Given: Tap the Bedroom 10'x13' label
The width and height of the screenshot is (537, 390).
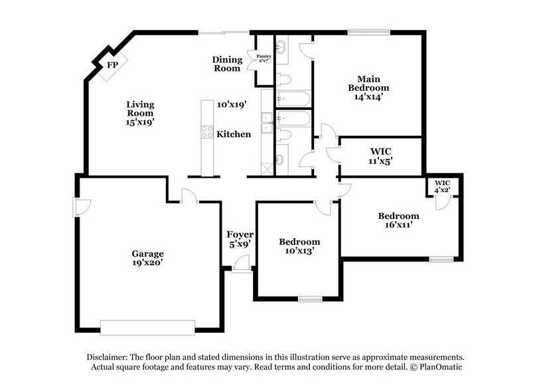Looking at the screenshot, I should pyautogui.click(x=299, y=247).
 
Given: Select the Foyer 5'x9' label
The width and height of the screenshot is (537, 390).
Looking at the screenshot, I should pyautogui.click(x=238, y=240).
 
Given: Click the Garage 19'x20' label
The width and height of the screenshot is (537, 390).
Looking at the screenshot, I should pyautogui.click(x=147, y=258).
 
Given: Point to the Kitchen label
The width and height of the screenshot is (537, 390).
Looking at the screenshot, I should pyautogui.click(x=234, y=134).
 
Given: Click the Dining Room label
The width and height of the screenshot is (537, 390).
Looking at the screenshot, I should pyautogui.click(x=226, y=64).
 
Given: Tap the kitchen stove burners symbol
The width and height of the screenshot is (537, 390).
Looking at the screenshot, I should pyautogui.click(x=207, y=131).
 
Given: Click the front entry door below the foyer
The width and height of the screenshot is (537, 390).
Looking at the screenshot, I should pyautogui.click(x=241, y=267).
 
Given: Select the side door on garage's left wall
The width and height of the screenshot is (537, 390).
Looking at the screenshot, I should pyautogui.click(x=79, y=208).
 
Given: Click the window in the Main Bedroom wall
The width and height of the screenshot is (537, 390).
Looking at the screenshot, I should pyautogui.click(x=361, y=31).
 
